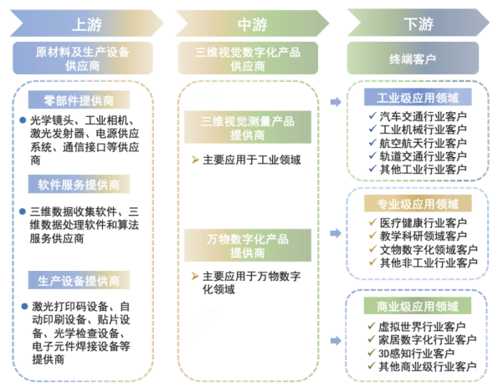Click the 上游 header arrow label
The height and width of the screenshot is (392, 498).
click(87, 24)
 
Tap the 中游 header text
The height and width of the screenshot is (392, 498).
click(253, 24)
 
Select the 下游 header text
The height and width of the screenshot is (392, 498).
click(418, 23)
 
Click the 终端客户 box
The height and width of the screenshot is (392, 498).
click(413, 59)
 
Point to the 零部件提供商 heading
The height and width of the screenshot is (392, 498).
click(79, 100)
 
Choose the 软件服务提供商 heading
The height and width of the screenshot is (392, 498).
click(79, 184)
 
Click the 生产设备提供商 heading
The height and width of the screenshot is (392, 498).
click(79, 280)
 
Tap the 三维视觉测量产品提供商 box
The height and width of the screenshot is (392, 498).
click(248, 127)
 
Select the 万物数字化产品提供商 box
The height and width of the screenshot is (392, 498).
click(248, 246)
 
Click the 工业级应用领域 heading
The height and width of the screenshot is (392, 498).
click(418, 97)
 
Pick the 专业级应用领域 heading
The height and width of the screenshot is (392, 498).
click(418, 203)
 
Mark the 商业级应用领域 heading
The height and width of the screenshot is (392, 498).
click(418, 306)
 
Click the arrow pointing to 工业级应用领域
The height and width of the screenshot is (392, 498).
click(336, 102)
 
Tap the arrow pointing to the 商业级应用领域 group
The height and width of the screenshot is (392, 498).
click(336, 341)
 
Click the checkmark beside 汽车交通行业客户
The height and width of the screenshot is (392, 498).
click(372, 115)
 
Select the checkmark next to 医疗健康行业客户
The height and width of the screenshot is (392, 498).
click(372, 222)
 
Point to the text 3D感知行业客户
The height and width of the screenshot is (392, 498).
click(416, 354)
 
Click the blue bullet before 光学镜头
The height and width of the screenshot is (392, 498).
click(23, 120)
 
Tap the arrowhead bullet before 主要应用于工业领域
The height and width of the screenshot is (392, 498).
click(195, 160)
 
